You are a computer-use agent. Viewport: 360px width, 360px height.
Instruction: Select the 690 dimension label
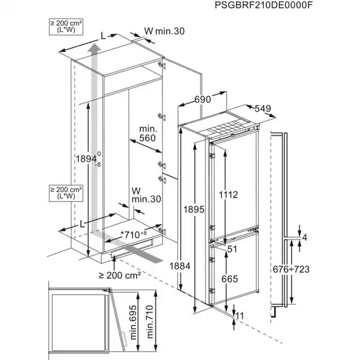202,100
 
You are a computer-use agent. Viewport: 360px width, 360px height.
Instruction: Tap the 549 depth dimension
263,108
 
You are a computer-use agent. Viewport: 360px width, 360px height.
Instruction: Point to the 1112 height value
228,194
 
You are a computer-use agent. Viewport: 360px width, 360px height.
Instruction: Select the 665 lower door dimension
229,279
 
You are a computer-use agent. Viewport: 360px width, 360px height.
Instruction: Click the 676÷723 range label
292,269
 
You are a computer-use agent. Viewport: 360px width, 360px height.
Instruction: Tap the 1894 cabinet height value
87,159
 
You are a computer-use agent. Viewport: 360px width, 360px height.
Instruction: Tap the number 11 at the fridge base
239,316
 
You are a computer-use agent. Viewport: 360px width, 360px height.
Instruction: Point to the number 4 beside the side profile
305,238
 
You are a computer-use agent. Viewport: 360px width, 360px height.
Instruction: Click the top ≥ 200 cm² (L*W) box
63,27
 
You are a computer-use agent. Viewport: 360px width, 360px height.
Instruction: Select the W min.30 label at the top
164,31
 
